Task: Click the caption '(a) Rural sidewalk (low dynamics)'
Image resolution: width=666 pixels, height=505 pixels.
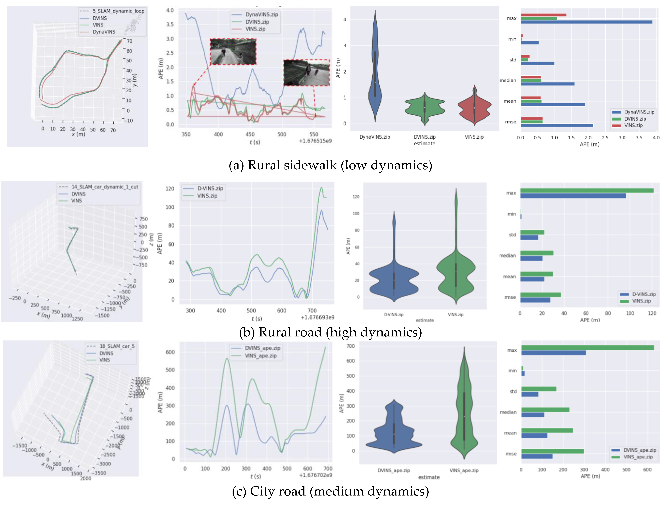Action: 330,165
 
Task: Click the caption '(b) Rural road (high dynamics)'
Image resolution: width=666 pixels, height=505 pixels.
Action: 330,332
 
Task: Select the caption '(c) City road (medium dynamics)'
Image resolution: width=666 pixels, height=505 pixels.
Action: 330,491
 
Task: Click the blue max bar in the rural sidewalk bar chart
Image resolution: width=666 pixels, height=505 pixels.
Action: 586,22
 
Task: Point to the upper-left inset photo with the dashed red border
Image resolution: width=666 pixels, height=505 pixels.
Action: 233,52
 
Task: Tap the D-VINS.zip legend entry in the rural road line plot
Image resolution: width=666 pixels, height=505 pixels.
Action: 210,188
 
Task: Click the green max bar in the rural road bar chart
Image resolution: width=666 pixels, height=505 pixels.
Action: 587,190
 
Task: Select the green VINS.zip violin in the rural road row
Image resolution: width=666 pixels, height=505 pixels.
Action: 456,271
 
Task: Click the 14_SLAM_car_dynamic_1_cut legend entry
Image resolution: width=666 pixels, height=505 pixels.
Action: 105,187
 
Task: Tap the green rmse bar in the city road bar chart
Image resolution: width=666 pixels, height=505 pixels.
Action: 552,451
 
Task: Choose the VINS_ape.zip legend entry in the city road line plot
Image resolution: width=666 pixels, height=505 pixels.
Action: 260,356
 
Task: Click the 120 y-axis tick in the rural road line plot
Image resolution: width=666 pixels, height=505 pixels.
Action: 170,189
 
